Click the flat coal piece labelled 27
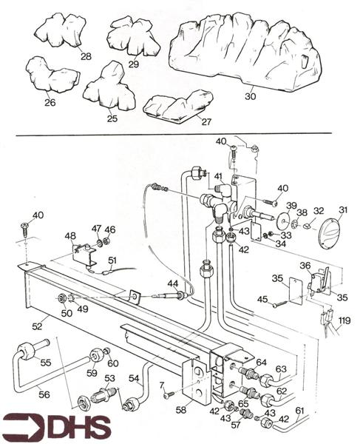(177, 104)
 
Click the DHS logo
(55, 427)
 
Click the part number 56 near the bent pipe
(44, 394)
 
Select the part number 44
(172, 283)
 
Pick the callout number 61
(299, 410)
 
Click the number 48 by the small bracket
(70, 237)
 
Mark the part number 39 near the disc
(291, 205)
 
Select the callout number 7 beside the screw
(163, 385)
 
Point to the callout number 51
(112, 260)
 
